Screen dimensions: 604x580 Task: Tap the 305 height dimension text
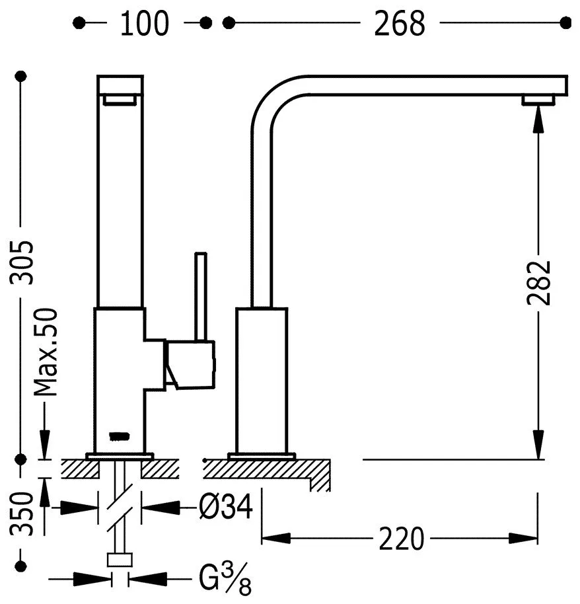tap(24, 262)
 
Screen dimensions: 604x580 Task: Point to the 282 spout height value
tap(539, 282)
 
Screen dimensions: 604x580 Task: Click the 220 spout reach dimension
tap(401, 539)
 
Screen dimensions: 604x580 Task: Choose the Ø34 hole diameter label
tap(225, 508)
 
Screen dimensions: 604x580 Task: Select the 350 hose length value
tap(24, 513)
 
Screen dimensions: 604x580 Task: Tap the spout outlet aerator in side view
tap(538, 100)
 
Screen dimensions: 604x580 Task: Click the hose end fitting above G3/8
tap(120, 560)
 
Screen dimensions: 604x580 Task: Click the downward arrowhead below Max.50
tap(46, 443)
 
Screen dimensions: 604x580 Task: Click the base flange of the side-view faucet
tap(261, 456)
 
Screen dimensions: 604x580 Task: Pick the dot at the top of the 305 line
tap(24, 77)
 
